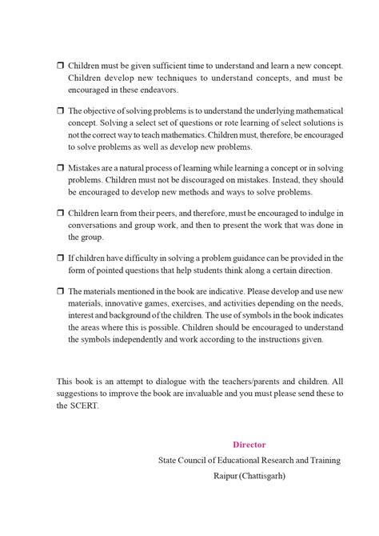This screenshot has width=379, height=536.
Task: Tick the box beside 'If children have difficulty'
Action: click(x=61, y=258)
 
